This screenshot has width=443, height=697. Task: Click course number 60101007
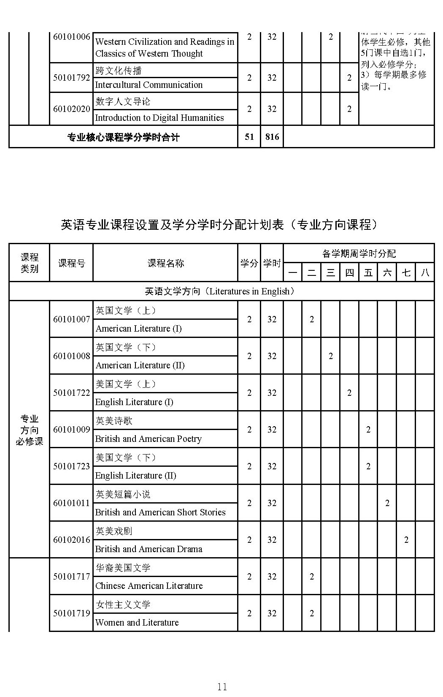point(71,319)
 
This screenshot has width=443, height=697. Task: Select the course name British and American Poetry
point(149,439)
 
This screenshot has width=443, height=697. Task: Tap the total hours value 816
point(272,137)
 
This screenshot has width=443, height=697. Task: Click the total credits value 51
point(249,137)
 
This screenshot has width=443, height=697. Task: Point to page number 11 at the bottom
point(222,686)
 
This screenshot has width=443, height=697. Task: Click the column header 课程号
point(71,263)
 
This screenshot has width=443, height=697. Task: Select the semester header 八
point(425,272)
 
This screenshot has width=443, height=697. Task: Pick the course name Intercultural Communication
point(149,85)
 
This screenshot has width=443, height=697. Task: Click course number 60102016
point(71,540)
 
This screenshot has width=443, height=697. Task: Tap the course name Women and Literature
point(137,623)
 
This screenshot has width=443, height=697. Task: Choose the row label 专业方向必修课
point(30,430)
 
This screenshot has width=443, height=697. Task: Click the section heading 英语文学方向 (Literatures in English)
point(221,291)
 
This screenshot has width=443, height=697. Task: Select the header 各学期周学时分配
point(359,253)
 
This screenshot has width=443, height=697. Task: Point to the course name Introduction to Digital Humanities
point(159,118)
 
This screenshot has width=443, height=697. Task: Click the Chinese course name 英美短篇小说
point(123,494)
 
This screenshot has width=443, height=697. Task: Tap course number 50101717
point(71,577)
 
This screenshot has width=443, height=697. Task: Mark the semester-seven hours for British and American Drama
point(406,540)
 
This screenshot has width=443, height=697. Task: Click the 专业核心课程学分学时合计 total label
point(123,137)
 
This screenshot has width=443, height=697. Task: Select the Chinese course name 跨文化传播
point(119,71)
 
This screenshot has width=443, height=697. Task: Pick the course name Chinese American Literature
point(149,586)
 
